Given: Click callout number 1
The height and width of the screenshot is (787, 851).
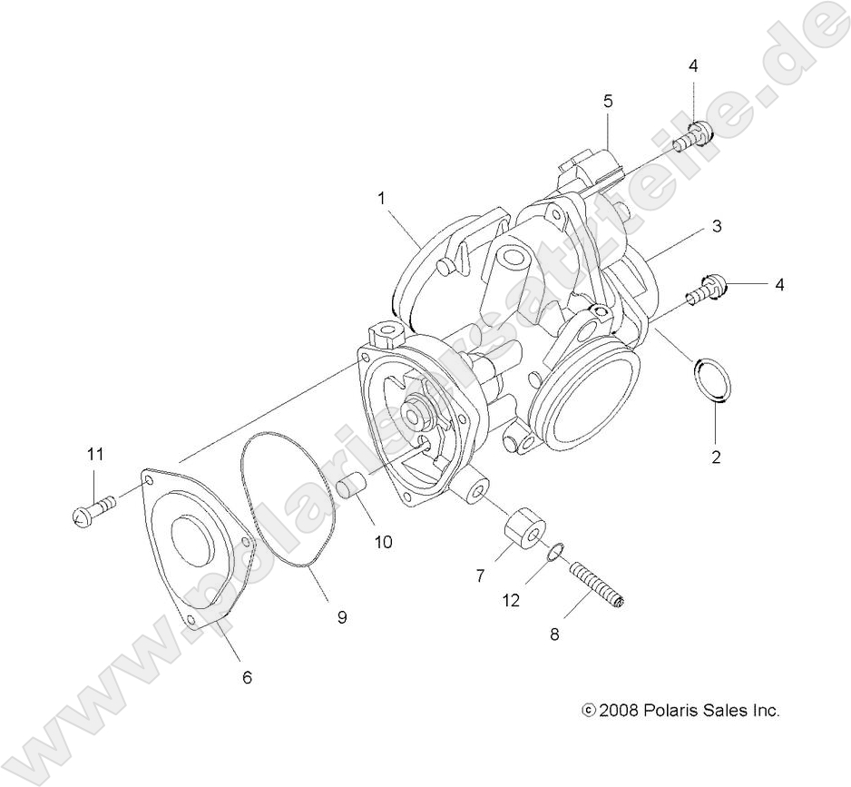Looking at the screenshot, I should click(383, 196).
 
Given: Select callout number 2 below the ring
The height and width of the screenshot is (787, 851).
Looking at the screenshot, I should click(716, 457).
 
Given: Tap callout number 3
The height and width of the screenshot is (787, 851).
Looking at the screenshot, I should click(716, 226).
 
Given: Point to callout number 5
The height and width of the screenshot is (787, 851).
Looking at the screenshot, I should click(609, 101).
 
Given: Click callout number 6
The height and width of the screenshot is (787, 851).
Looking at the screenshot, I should click(247, 676).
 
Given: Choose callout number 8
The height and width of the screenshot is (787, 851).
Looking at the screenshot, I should click(553, 635).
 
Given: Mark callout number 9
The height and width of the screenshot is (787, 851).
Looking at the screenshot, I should click(342, 617).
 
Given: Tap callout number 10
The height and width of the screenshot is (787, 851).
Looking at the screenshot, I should click(383, 542).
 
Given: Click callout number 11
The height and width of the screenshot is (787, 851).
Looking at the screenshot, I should click(95, 454).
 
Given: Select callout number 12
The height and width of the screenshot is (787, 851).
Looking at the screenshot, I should click(512, 600).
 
